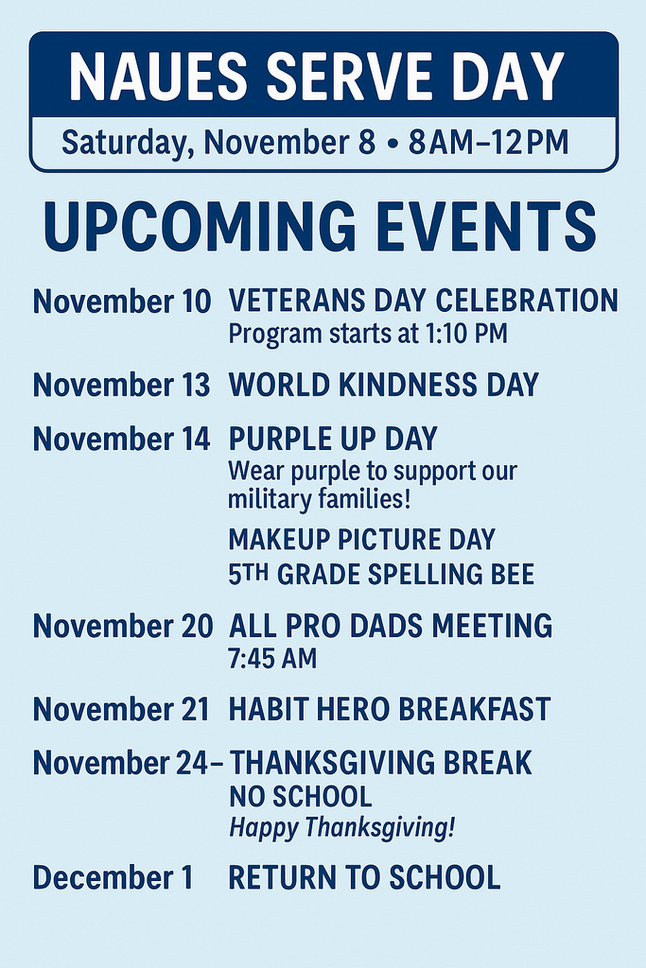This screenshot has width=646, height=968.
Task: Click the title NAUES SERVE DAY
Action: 317,77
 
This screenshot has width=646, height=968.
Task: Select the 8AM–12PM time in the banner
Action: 488,143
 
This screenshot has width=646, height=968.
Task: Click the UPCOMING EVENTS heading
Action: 321,227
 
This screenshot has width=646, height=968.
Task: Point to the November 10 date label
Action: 122,302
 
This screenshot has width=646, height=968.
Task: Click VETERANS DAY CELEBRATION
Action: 423,302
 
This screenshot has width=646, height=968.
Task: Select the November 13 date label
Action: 122,386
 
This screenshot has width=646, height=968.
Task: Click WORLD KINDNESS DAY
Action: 383,386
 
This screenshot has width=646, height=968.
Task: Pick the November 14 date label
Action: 122,440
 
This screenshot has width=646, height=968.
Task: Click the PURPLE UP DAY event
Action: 333,440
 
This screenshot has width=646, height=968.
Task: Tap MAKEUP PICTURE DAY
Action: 361,540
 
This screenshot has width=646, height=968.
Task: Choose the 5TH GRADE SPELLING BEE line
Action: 381,574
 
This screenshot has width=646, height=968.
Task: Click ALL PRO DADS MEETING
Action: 391,626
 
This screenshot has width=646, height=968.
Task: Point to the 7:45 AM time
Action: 272,659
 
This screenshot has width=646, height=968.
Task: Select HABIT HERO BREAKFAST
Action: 389,710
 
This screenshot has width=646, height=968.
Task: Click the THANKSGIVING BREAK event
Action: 381,763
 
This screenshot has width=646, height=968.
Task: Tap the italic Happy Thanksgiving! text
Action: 341,829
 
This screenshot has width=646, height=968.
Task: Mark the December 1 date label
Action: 112,878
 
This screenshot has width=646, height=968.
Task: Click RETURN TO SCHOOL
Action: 364,878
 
